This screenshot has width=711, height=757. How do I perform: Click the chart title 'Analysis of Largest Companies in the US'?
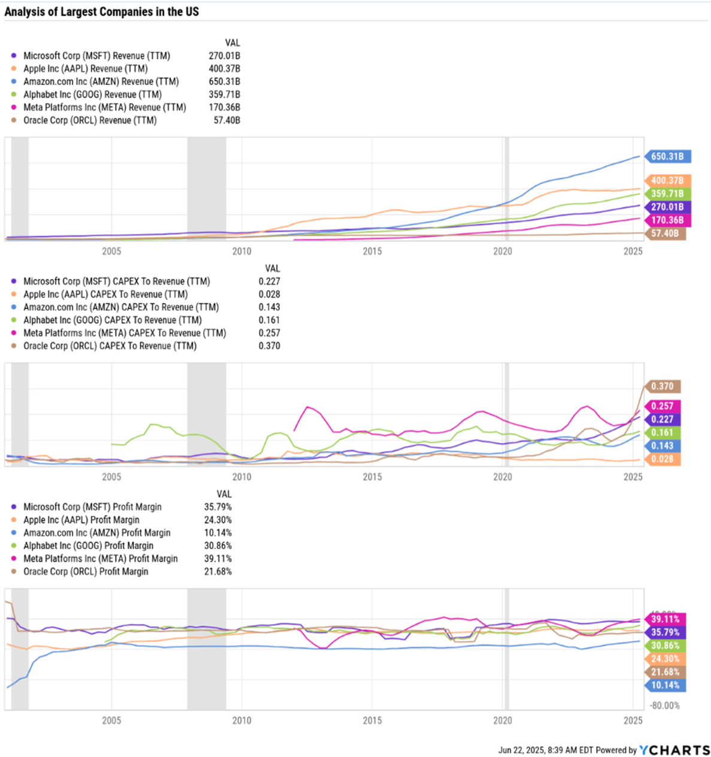[x=102, y=11]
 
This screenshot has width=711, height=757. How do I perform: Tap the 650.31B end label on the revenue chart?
[x=667, y=156]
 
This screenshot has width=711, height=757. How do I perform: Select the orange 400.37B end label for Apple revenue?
[x=667, y=180]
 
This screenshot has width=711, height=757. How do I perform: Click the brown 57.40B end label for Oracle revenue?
[x=665, y=233]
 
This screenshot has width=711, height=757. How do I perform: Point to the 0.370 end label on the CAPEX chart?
[x=662, y=386]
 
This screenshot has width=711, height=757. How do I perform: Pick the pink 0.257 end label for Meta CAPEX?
[x=662, y=405]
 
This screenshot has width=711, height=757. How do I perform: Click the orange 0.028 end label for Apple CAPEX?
[x=662, y=459]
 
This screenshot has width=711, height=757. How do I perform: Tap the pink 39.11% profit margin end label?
[x=665, y=619]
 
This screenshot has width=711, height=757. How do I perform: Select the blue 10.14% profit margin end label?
[x=665, y=685]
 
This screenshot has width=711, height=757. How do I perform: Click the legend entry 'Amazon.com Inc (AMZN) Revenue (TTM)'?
[x=101, y=81]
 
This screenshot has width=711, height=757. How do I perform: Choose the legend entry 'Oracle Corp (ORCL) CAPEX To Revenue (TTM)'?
[x=110, y=346]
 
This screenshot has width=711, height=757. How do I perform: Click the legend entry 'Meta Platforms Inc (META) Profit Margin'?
[x=100, y=558]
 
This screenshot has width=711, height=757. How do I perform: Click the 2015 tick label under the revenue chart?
[x=372, y=251]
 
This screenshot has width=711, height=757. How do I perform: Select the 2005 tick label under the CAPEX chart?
[x=111, y=477]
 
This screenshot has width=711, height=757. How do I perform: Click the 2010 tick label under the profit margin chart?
[x=242, y=720]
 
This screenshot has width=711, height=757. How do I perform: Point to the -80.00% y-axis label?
[x=665, y=705]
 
